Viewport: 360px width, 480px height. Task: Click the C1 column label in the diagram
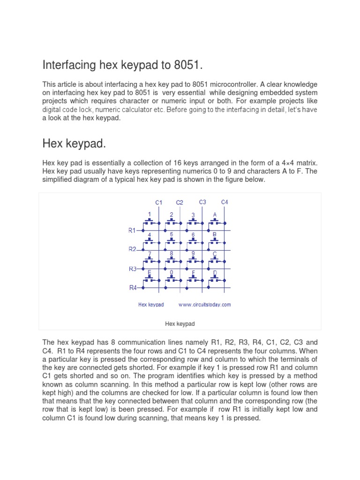click(x=159, y=202)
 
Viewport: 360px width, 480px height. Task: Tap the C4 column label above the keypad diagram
click(x=225, y=202)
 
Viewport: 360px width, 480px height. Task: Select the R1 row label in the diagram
click(x=132, y=230)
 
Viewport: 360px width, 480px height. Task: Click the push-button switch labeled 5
click(x=172, y=240)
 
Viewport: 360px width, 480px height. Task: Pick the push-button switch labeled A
click(x=215, y=221)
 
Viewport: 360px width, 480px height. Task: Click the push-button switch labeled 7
click(x=150, y=260)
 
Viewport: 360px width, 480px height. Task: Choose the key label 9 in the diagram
click(x=193, y=253)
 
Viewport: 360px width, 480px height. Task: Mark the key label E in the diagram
click(x=150, y=272)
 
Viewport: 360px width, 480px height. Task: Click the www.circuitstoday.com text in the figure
click(x=204, y=305)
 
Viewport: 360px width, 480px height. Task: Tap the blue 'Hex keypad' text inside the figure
click(x=151, y=305)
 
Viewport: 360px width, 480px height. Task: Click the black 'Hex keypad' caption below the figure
click(x=180, y=324)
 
